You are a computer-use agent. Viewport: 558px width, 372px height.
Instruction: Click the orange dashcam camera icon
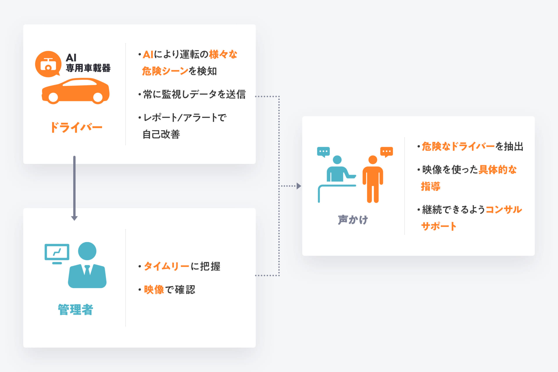(x=48, y=64)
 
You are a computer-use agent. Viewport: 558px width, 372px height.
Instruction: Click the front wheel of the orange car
(x=98, y=98)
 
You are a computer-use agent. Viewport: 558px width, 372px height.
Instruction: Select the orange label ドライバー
(x=76, y=127)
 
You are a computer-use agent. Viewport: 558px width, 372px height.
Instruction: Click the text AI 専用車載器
(x=88, y=63)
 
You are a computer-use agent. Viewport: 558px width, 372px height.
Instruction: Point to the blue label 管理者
(x=76, y=310)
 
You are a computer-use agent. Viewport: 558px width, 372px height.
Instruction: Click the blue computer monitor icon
(x=57, y=254)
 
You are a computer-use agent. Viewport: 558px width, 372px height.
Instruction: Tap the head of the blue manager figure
(x=87, y=251)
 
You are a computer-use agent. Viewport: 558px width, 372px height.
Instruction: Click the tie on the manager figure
(x=87, y=270)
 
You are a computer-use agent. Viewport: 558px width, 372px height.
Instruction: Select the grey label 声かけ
(x=353, y=220)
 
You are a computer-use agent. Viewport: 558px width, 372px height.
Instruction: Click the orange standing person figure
(x=373, y=179)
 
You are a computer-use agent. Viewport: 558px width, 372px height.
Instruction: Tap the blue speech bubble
(x=323, y=152)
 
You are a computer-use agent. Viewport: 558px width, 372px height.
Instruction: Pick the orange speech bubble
(x=387, y=152)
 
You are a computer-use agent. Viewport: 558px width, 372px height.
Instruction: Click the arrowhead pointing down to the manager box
(x=74, y=218)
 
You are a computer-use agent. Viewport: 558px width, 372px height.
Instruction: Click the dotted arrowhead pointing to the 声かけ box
(x=299, y=186)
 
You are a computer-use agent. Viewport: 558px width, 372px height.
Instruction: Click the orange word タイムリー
(x=167, y=266)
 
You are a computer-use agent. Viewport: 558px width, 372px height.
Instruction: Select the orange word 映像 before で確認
(x=154, y=289)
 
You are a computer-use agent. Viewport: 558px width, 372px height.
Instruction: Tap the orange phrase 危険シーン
(x=165, y=71)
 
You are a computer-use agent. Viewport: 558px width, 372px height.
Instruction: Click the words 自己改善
(x=161, y=134)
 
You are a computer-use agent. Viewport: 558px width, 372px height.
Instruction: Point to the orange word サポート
(x=439, y=226)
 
